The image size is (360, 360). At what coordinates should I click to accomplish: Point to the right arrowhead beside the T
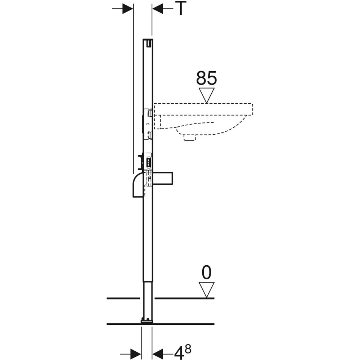point(158,9)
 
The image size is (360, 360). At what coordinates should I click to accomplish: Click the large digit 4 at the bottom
point(179,352)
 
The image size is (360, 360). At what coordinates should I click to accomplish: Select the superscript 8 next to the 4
point(188,348)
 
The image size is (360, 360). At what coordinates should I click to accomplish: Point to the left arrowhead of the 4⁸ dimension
point(135,352)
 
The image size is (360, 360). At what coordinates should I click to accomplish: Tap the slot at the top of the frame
point(148,43)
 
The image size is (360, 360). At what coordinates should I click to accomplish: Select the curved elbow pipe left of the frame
point(138,185)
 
